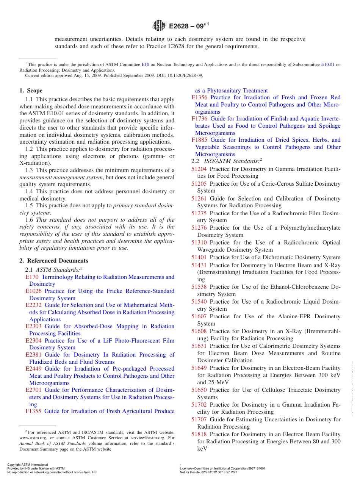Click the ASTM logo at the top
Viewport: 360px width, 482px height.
tap(159, 26)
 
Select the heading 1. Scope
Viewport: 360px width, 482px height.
tap(31, 91)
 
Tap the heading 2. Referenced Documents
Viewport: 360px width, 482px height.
tap(54, 261)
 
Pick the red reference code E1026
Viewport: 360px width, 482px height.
tap(33, 291)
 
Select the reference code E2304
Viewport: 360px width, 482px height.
tap(33, 341)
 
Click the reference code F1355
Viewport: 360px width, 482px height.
tap(33, 411)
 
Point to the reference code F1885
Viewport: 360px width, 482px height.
tap(200, 140)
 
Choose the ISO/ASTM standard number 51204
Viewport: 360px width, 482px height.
tap(199, 169)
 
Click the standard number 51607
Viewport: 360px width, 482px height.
tap(199, 316)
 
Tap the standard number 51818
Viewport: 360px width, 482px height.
tap(199, 434)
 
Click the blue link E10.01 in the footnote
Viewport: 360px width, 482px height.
tap(327, 65)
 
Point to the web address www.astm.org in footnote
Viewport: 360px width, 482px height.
tap(33, 438)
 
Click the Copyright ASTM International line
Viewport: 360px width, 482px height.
tap(28, 465)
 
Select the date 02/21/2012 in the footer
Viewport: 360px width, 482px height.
tap(209, 473)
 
